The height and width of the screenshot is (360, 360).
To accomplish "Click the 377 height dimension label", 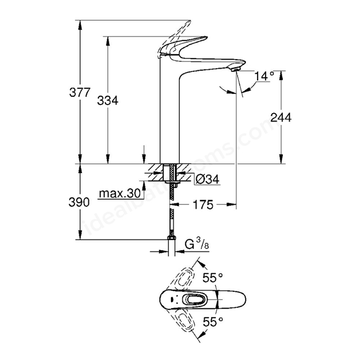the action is click(x=80, y=92).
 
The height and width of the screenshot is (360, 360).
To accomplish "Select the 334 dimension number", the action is click(x=107, y=101).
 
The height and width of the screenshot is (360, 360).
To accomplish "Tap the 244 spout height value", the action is click(x=281, y=118).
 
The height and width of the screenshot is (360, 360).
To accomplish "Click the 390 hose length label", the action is click(x=79, y=202).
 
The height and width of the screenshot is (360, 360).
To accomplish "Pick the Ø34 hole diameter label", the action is click(x=208, y=179).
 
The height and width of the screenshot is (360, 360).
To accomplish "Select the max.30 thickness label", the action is click(x=120, y=193).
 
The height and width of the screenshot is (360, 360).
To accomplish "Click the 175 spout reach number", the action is click(x=203, y=205).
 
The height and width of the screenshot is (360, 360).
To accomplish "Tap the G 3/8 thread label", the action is click(x=197, y=245).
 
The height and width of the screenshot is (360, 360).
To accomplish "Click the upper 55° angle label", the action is click(x=213, y=278).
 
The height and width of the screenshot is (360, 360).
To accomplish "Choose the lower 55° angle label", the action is click(x=213, y=322).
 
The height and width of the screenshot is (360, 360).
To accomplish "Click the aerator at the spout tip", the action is click(x=236, y=69).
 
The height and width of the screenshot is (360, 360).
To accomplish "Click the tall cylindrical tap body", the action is click(x=169, y=110).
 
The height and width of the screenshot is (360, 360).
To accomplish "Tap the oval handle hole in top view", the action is click(x=195, y=299).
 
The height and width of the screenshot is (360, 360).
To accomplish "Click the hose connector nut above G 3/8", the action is click(x=172, y=238).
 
